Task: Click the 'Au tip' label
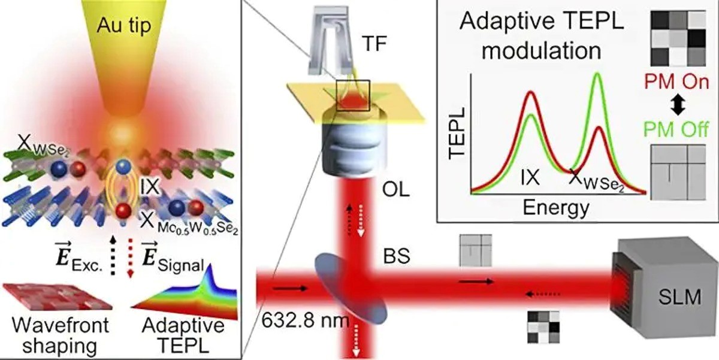(124, 25)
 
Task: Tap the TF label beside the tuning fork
(374, 43)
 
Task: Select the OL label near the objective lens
(396, 189)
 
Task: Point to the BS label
(397, 256)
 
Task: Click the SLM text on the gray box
(680, 297)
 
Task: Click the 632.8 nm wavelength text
(305, 320)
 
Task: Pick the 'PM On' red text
(676, 81)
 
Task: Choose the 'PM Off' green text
(676, 129)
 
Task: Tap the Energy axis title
(556, 208)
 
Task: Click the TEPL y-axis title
(457, 133)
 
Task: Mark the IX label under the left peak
(530, 177)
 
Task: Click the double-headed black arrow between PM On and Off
(678, 105)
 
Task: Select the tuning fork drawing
(330, 41)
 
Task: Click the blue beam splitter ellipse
(351, 289)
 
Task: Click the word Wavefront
(61, 325)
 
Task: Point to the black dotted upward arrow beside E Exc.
(113, 256)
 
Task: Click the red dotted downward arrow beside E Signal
(131, 258)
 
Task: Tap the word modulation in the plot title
(542, 51)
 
